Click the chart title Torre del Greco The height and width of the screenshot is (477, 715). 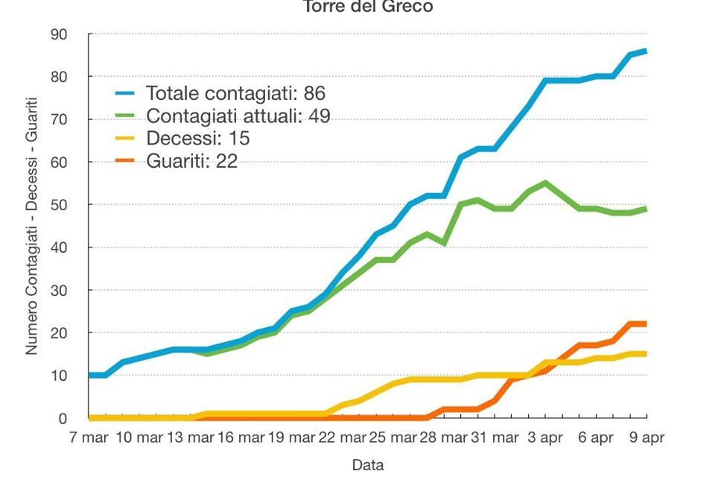(x=368, y=7)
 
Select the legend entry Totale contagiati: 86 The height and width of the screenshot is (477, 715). (x=235, y=94)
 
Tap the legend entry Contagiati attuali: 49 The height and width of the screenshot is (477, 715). (x=238, y=116)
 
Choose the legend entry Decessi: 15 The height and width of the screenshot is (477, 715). (x=197, y=139)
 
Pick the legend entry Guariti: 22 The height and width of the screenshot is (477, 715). (x=191, y=161)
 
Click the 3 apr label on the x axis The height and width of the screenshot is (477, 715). (x=544, y=438)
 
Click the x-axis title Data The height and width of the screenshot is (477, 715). (x=368, y=465)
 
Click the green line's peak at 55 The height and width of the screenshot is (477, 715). (x=545, y=183)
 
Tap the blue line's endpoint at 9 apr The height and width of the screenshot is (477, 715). (x=646, y=51)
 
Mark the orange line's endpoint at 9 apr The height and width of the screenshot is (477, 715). (x=646, y=323)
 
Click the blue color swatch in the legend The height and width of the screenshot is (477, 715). (x=126, y=94)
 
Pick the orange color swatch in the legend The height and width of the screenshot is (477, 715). (x=126, y=161)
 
